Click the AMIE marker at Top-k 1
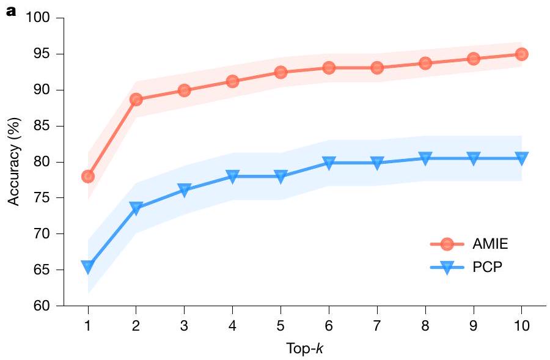click(x=87, y=177)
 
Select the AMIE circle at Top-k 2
click(x=136, y=99)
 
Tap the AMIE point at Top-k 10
click(x=521, y=54)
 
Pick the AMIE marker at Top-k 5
click(x=280, y=72)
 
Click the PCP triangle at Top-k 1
click(x=87, y=266)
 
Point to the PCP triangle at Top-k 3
click(x=184, y=190)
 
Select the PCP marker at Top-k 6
click(x=329, y=163)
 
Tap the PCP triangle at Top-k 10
click(x=521, y=158)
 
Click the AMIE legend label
click(x=490, y=244)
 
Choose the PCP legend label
click(x=487, y=267)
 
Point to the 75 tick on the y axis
click(x=41, y=198)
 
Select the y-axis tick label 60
click(x=41, y=306)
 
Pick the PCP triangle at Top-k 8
click(x=425, y=158)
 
